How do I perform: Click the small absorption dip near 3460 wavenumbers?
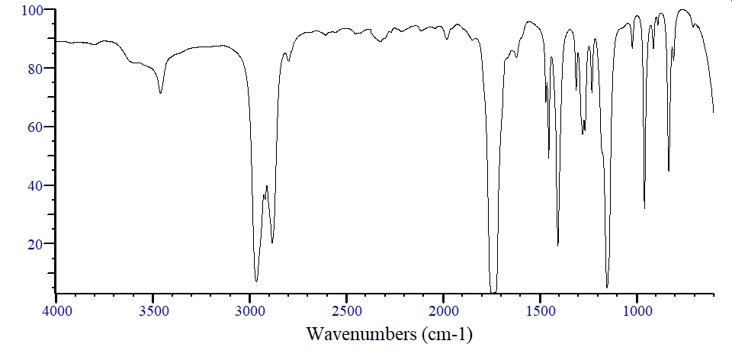160,92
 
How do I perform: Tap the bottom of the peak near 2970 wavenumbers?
256,281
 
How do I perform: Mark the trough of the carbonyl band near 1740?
493,291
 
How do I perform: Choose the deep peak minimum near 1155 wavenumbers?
607,287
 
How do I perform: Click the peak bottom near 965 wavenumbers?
644,208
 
